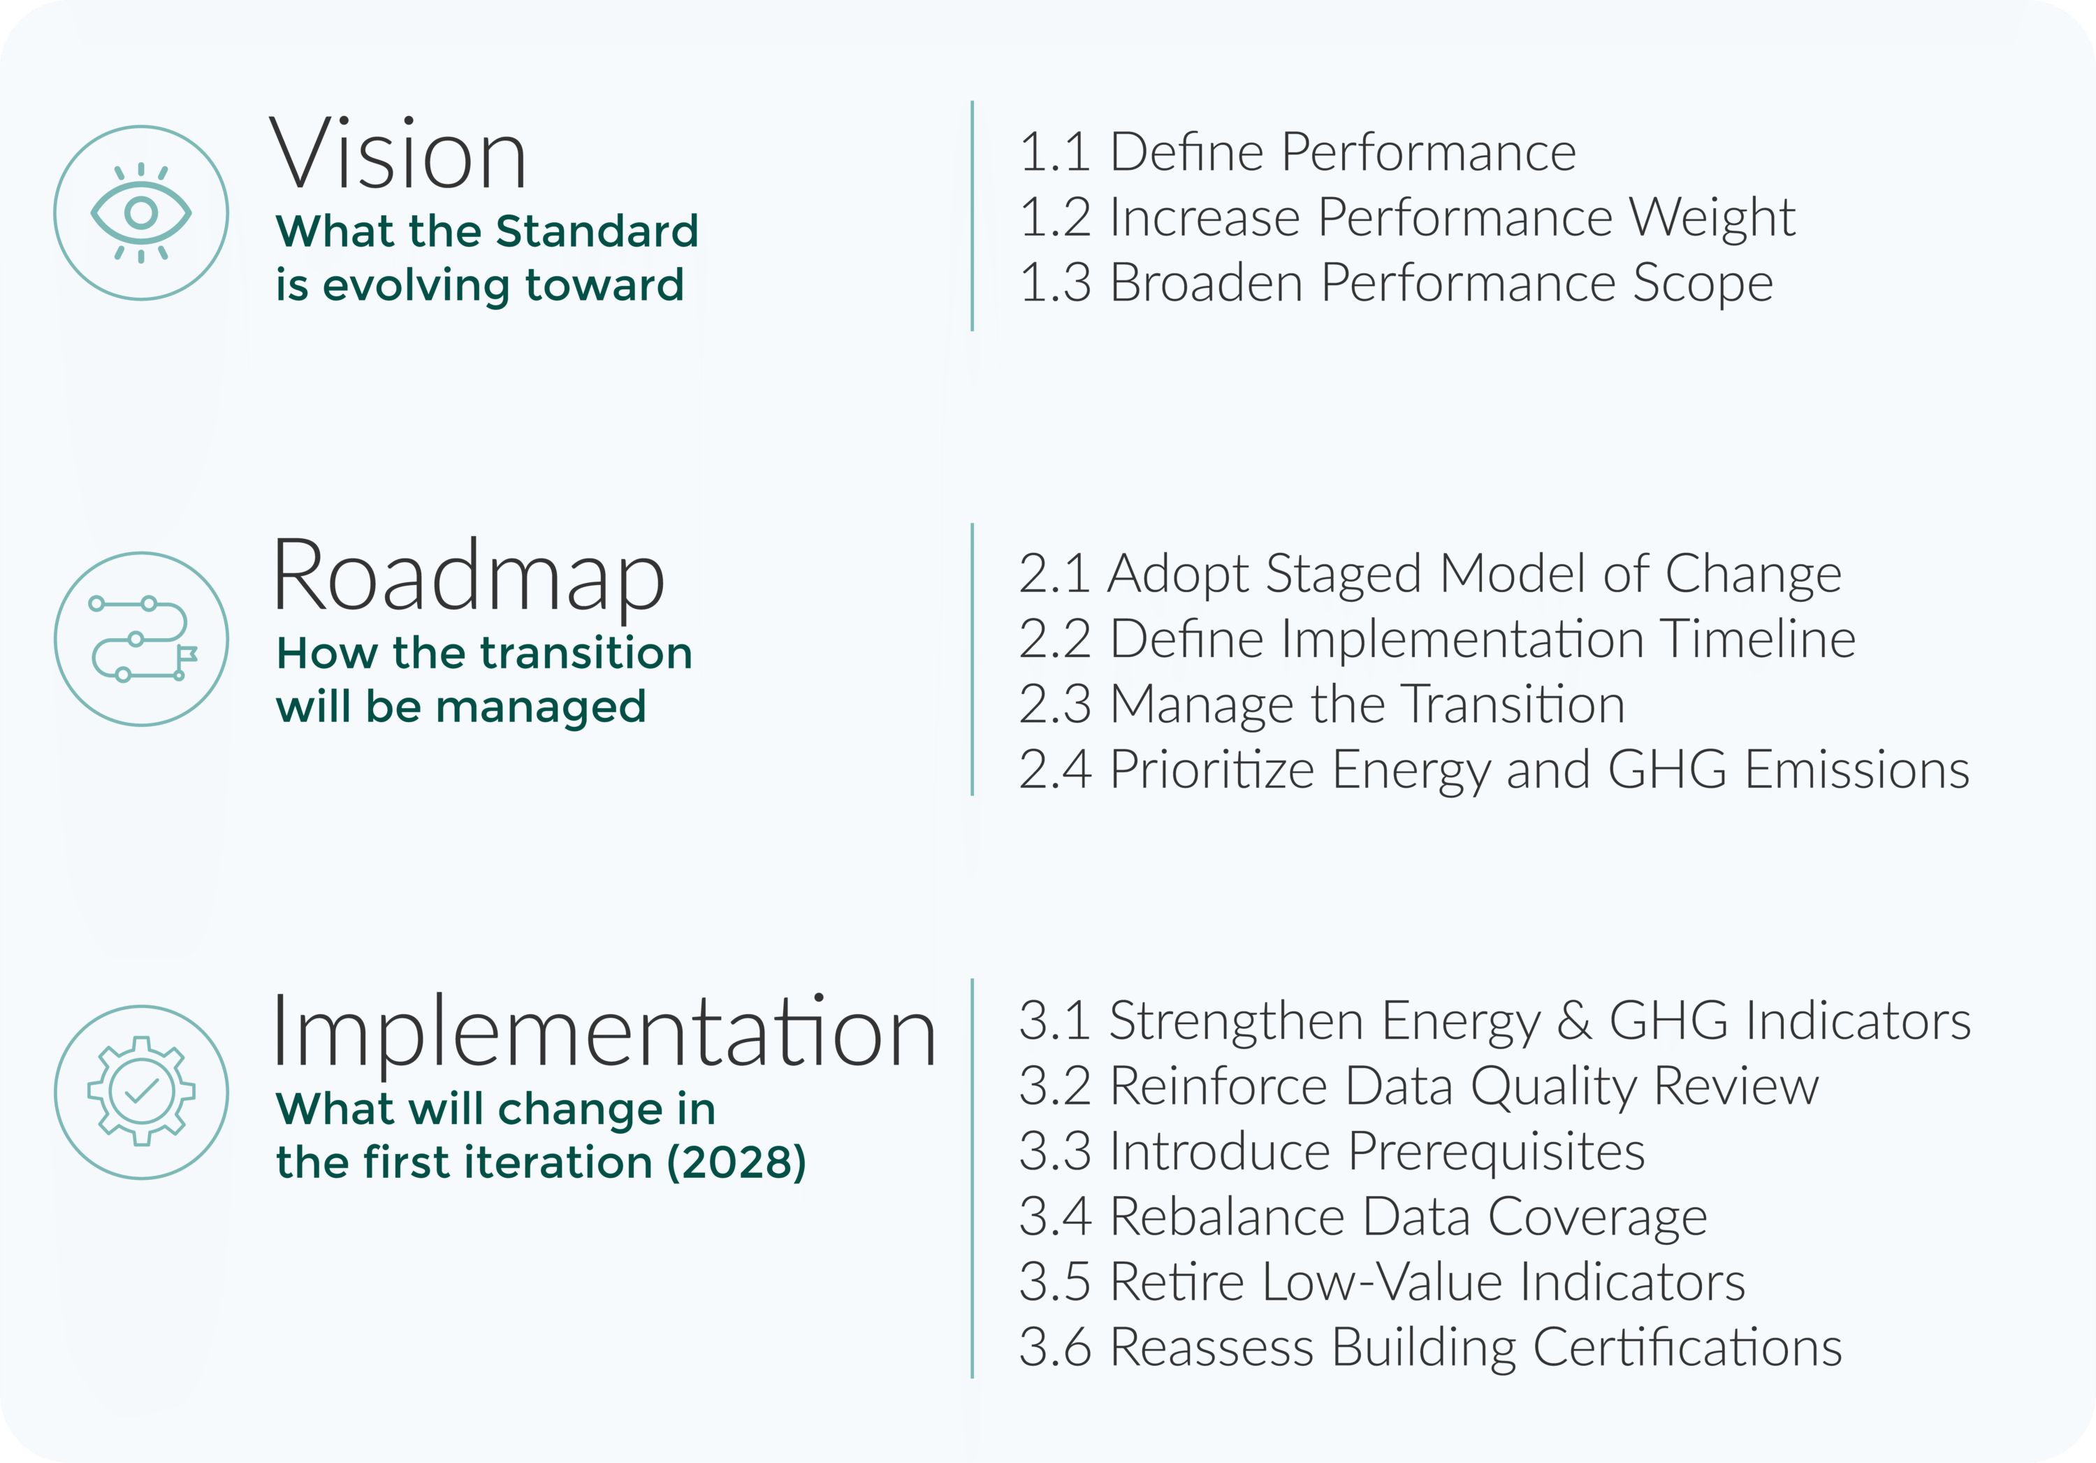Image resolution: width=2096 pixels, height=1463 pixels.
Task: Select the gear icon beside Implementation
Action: tap(142, 1091)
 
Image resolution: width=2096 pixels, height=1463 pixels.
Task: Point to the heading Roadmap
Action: tap(468, 578)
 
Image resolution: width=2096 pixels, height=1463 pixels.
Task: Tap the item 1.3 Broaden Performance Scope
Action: tap(1396, 283)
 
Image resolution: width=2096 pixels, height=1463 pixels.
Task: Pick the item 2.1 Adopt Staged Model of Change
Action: tap(1429, 575)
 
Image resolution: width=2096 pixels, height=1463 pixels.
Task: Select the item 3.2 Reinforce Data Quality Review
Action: tap(1418, 1087)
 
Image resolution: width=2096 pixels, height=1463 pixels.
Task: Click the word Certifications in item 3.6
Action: tap(1687, 1347)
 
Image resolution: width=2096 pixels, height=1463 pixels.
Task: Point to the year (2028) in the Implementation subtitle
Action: tap(736, 1162)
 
